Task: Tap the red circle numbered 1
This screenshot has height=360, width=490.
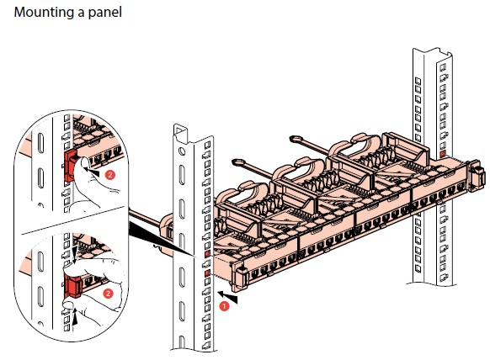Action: tap(224, 306)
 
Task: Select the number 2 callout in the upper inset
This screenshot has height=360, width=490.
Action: tap(110, 175)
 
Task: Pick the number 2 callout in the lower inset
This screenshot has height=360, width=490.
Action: tap(108, 294)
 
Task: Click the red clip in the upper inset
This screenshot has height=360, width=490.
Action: tap(72, 165)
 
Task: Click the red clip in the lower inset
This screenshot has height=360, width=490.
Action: tap(72, 286)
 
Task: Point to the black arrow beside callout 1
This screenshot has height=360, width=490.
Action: tap(227, 296)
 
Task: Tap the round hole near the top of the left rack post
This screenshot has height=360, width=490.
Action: tap(182, 151)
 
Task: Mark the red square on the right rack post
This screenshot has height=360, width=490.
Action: tap(442, 154)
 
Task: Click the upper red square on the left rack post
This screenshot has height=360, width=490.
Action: tap(207, 253)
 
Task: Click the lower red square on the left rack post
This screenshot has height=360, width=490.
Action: tap(207, 273)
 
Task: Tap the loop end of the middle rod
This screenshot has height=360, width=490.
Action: tap(239, 162)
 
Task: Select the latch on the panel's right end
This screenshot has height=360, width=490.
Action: tap(478, 175)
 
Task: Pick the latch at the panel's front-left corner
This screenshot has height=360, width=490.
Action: tap(242, 273)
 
